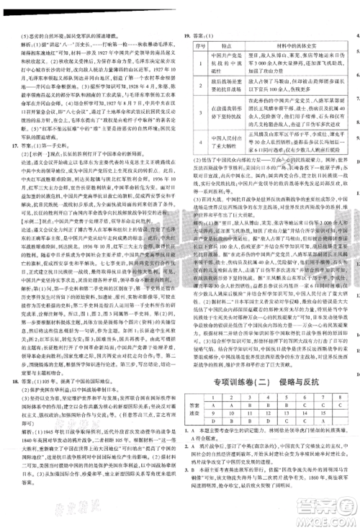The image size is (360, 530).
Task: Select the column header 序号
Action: [196, 45]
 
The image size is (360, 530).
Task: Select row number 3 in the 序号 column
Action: [196, 112]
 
